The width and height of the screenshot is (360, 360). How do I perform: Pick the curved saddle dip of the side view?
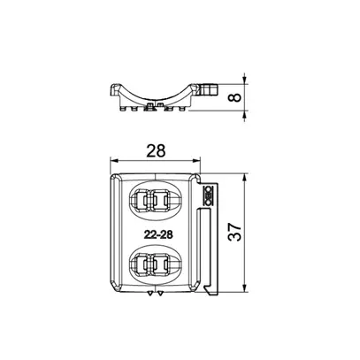(157, 98)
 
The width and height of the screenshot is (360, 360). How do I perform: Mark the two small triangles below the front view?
(159, 295)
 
